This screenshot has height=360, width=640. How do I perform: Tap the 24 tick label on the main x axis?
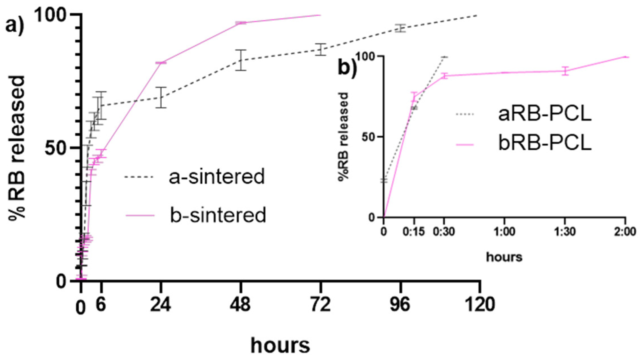(x=160, y=304)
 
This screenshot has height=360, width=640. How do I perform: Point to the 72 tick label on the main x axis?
(x=321, y=304)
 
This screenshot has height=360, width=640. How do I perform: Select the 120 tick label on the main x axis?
(x=480, y=304)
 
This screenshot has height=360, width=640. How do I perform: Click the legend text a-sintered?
(x=216, y=177)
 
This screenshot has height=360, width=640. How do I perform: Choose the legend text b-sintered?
(x=218, y=215)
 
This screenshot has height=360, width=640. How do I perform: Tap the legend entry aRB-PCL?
(x=545, y=114)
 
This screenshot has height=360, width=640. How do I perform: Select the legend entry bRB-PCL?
(x=545, y=143)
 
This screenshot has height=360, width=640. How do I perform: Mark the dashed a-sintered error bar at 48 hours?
(x=241, y=60)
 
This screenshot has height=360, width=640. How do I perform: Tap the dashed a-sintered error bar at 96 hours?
(x=401, y=28)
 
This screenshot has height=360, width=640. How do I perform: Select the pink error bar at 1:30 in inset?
(x=565, y=71)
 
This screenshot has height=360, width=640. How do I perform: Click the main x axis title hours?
(x=280, y=346)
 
